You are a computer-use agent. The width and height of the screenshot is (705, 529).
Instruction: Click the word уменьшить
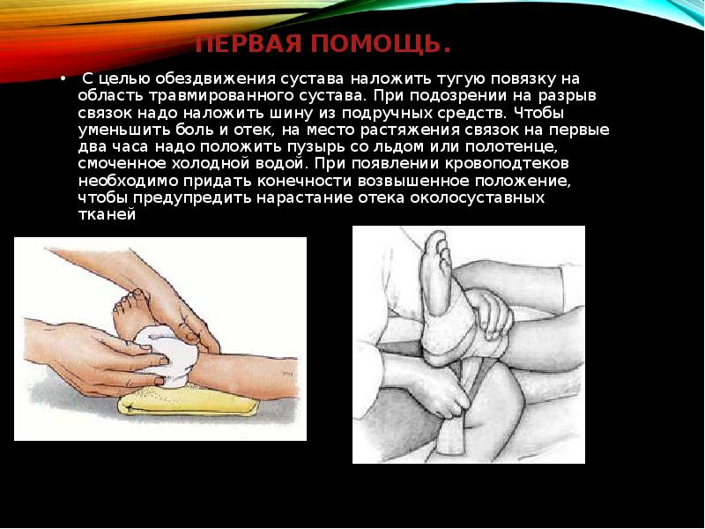(118, 130)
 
